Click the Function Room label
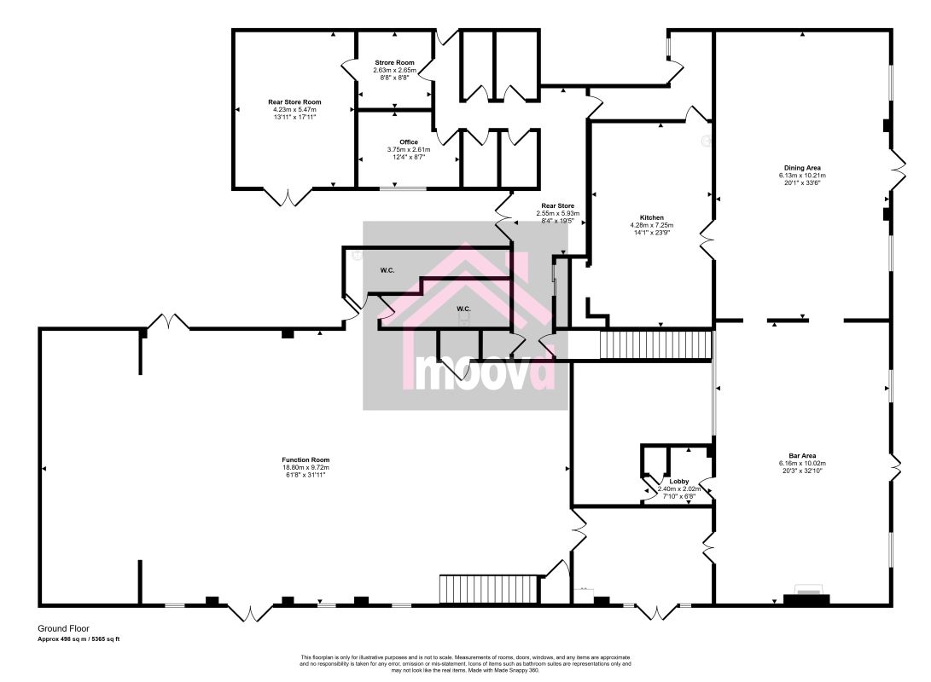(305, 459)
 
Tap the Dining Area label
(802, 168)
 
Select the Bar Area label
(802, 456)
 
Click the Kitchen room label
(652, 217)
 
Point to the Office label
(409, 142)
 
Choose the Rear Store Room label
(294, 101)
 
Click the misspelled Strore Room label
(394, 63)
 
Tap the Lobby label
(679, 482)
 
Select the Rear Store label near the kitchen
(557, 205)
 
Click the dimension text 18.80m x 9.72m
(305, 467)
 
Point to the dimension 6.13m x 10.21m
(802, 176)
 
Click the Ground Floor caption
(63, 628)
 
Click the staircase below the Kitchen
(655, 345)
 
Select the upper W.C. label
(387, 270)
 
